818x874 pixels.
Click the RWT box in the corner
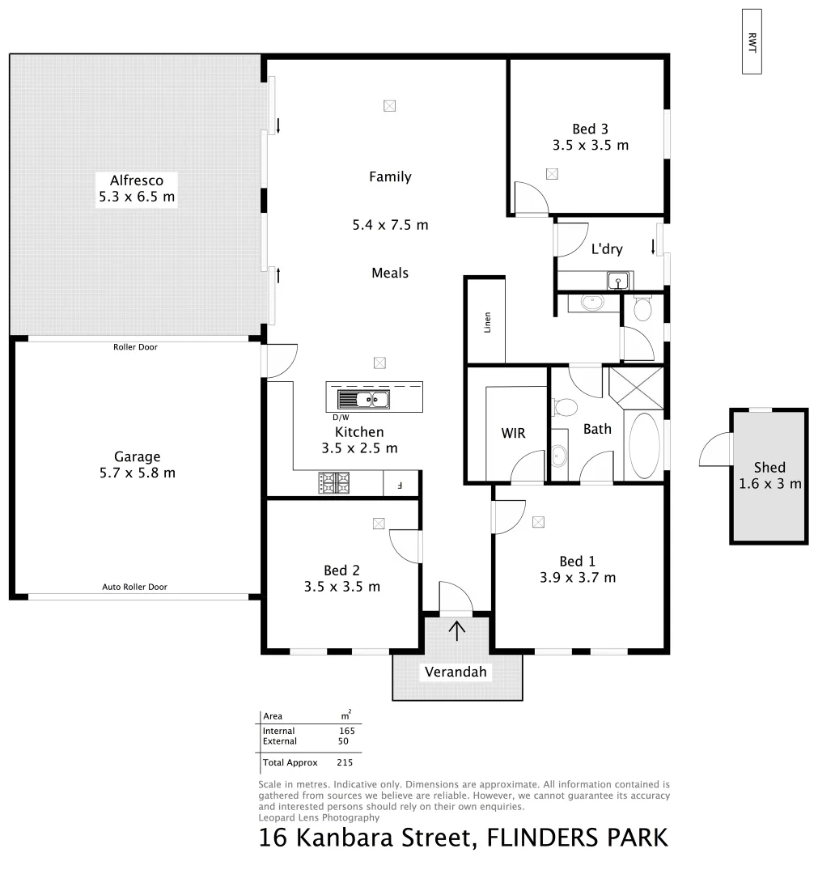click(x=752, y=41)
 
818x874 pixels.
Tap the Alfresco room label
click(x=136, y=180)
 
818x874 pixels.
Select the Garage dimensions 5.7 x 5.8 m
click(x=136, y=473)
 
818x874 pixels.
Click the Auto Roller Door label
click(x=134, y=587)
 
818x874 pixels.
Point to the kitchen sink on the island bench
click(x=362, y=398)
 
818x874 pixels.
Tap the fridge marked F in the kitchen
click(x=399, y=486)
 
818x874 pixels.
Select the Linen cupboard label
click(x=487, y=322)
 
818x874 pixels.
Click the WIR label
click(x=513, y=433)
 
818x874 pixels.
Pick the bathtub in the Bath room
click(x=644, y=446)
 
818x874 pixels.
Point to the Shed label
click(x=769, y=467)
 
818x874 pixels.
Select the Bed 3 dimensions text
click(x=590, y=146)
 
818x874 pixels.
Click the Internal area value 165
click(x=346, y=730)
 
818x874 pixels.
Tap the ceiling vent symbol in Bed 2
click(x=378, y=524)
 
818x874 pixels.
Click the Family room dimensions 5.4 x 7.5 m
click(x=390, y=225)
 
